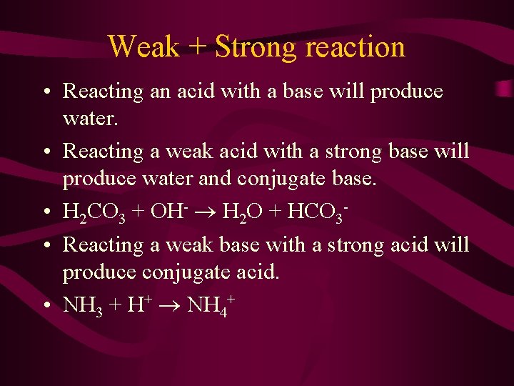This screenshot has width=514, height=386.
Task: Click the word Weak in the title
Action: click(x=143, y=47)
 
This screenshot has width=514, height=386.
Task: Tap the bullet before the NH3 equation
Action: click(x=46, y=305)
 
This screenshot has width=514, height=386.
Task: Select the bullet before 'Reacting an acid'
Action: click(x=46, y=91)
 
